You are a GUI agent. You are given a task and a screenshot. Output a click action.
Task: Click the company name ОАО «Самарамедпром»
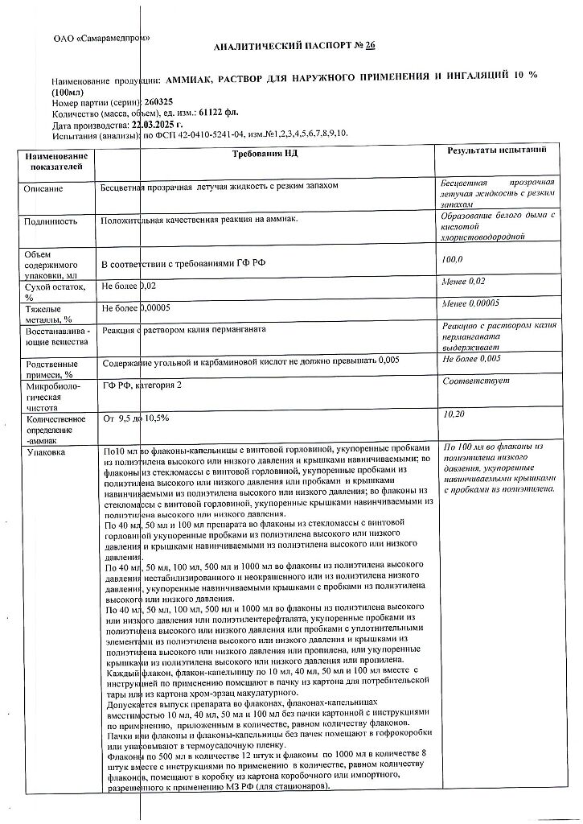[x=101, y=37]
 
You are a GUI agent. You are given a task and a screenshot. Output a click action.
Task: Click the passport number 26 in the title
[x=371, y=46]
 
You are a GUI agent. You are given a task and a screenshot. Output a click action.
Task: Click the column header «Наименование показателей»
[x=55, y=160]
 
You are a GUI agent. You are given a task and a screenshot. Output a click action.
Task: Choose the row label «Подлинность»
[x=51, y=220]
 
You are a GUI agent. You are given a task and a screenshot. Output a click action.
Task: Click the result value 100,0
[x=454, y=259]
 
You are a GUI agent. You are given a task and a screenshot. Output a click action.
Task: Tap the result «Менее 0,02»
[x=465, y=281]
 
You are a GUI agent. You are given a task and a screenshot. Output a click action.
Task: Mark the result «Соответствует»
[x=476, y=381]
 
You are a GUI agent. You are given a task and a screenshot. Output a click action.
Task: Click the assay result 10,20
[x=454, y=414]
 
